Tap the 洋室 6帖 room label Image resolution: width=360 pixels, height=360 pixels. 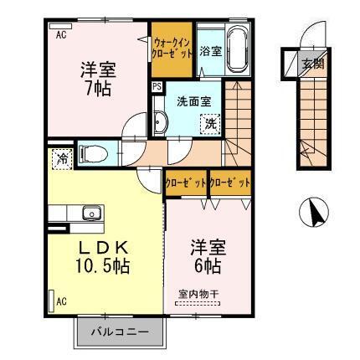click(205, 257)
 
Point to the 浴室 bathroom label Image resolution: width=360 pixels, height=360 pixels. click(210, 52)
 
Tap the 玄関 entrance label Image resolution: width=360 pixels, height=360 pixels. click(313, 63)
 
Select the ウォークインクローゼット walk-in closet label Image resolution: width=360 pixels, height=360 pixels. click(173, 47)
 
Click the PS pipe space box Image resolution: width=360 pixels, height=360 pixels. click(157, 86)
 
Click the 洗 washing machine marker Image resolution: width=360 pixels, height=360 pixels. click(210, 123)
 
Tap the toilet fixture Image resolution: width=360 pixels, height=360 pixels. click(91, 153)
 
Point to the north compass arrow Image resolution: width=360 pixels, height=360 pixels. click(316, 213)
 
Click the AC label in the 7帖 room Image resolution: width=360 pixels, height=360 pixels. click(61, 34)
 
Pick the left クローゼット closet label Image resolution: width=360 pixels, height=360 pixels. click(185, 182)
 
